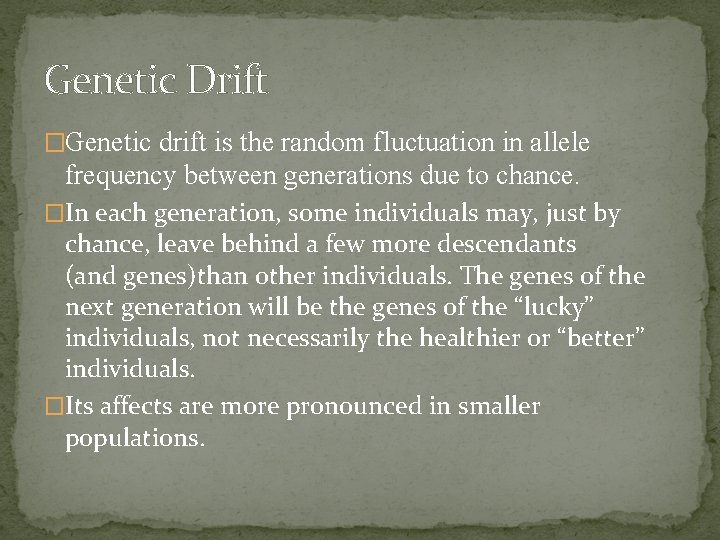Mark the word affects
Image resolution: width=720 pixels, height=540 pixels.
pos(140,407)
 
